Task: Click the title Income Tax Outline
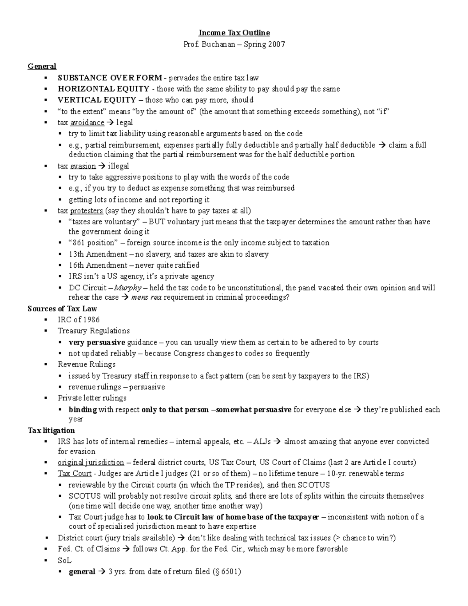[x=234, y=33]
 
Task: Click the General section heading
[x=42, y=66]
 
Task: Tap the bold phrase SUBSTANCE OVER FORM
[x=110, y=78]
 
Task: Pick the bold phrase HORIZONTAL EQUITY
[x=103, y=89]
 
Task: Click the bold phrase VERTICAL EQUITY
[x=97, y=100]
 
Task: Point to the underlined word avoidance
[x=87, y=123]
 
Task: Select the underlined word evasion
[x=83, y=166]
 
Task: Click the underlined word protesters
[x=86, y=211]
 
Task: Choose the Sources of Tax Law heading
[x=62, y=309]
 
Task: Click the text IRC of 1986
[x=78, y=320]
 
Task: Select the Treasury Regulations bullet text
[x=94, y=331]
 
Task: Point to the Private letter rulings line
[x=92, y=398]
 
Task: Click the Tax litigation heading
[x=51, y=430]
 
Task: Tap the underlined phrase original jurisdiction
[x=91, y=462]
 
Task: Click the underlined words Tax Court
[x=74, y=474]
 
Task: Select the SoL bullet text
[x=65, y=560]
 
